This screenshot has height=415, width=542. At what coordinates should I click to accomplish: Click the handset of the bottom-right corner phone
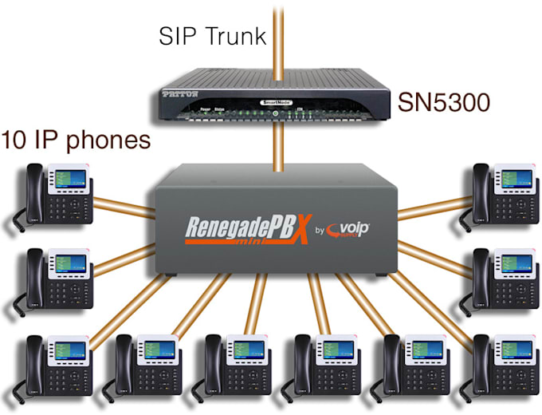480,368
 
